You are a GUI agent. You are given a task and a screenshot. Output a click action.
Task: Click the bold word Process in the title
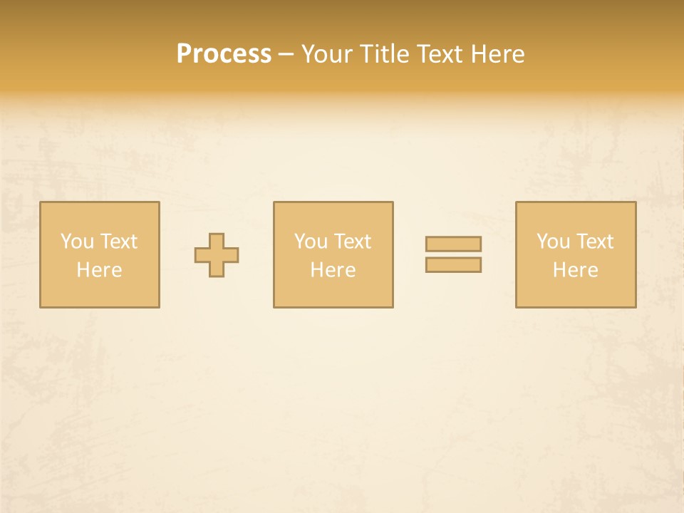224,54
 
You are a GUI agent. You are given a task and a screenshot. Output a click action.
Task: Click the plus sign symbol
217,255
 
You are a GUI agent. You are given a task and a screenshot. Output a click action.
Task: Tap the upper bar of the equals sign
453,244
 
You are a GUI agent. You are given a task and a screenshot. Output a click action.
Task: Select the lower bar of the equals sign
453,265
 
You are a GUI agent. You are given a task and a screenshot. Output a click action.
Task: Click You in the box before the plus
76,242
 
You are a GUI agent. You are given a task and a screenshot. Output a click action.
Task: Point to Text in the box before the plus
118,242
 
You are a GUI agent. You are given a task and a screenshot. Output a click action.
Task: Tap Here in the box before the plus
99,270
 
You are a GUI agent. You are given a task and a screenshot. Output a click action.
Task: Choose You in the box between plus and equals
310,242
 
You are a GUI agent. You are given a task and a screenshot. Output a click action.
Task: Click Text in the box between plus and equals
351,242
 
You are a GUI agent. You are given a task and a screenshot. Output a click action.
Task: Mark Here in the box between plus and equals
333,270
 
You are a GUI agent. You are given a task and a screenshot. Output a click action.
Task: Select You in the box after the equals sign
552,242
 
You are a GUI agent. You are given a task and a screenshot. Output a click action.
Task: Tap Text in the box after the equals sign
594,242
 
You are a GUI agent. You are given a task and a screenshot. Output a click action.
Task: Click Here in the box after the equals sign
575,270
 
